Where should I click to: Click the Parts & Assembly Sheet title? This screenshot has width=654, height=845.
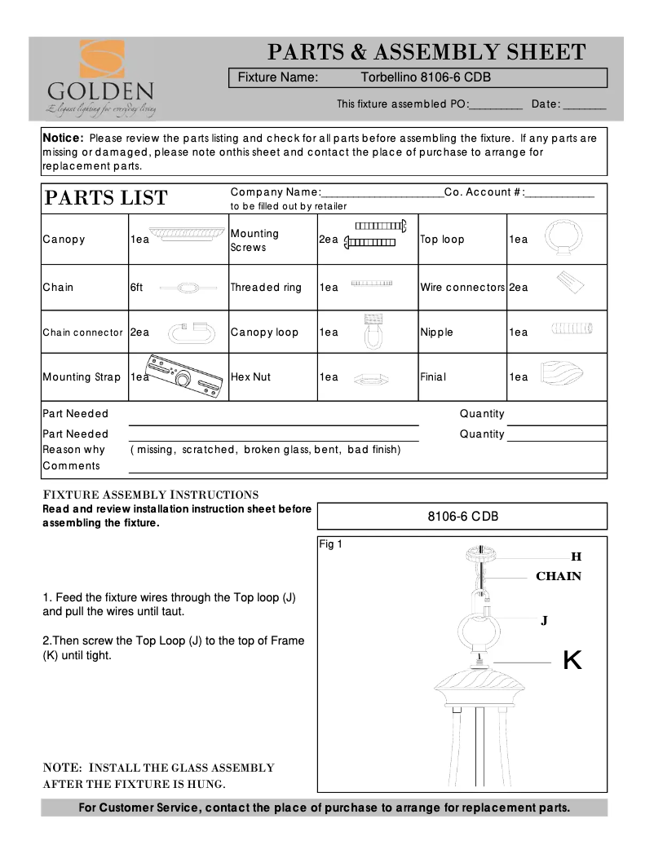click(x=427, y=52)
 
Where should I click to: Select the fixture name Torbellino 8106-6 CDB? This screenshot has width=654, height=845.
click(x=425, y=78)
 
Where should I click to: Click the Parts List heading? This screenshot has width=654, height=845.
click(x=105, y=198)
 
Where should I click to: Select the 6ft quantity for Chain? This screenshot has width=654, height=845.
click(x=136, y=287)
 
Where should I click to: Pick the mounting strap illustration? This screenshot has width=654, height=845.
click(x=183, y=376)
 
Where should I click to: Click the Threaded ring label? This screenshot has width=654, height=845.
click(x=265, y=287)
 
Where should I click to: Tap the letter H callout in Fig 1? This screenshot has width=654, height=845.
click(x=576, y=557)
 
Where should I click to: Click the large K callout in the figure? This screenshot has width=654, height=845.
click(x=572, y=660)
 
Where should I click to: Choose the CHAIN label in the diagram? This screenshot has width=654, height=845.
click(x=558, y=576)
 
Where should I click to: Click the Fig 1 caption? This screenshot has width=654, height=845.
click(x=330, y=544)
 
